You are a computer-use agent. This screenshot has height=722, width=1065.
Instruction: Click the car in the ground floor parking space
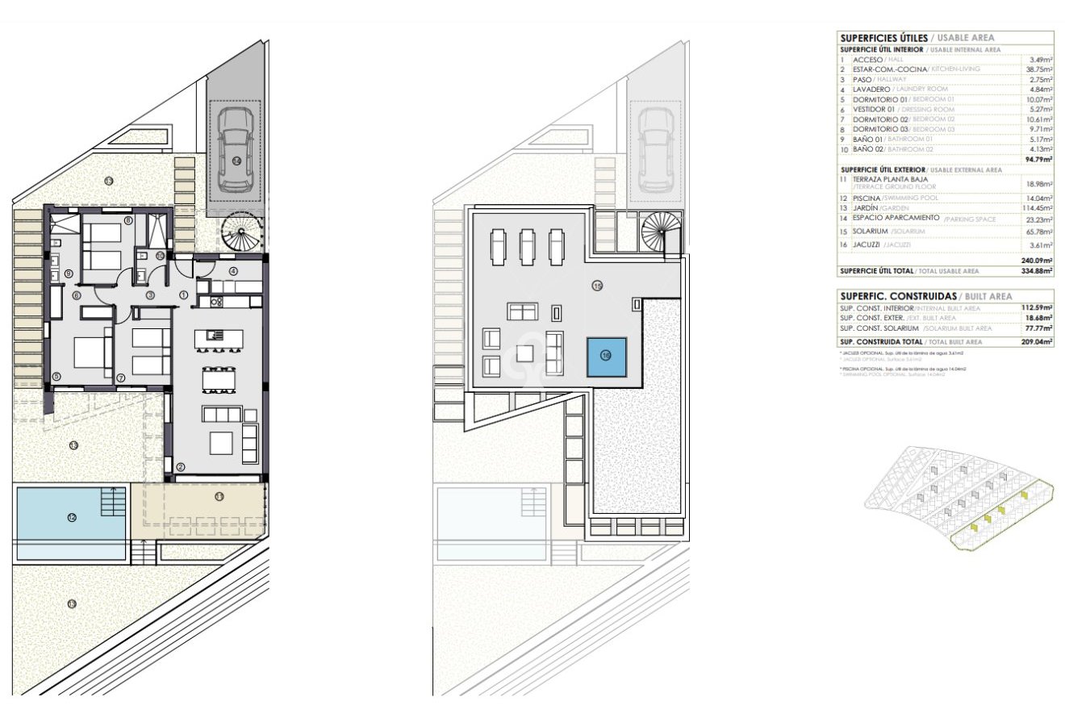(x=235, y=150)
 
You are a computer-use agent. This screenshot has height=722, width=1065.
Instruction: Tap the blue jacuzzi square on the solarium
(x=606, y=355)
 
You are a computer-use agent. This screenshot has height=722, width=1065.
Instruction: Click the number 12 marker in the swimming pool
(x=72, y=517)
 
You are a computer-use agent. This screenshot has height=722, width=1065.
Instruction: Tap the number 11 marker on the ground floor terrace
(x=219, y=496)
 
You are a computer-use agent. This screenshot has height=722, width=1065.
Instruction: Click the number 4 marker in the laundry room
(x=233, y=271)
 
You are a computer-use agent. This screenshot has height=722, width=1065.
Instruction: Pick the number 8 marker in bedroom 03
(x=128, y=220)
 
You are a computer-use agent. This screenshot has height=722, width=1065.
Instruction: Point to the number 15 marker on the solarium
(x=597, y=286)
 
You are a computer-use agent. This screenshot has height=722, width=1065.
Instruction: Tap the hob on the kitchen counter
(x=216, y=302)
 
